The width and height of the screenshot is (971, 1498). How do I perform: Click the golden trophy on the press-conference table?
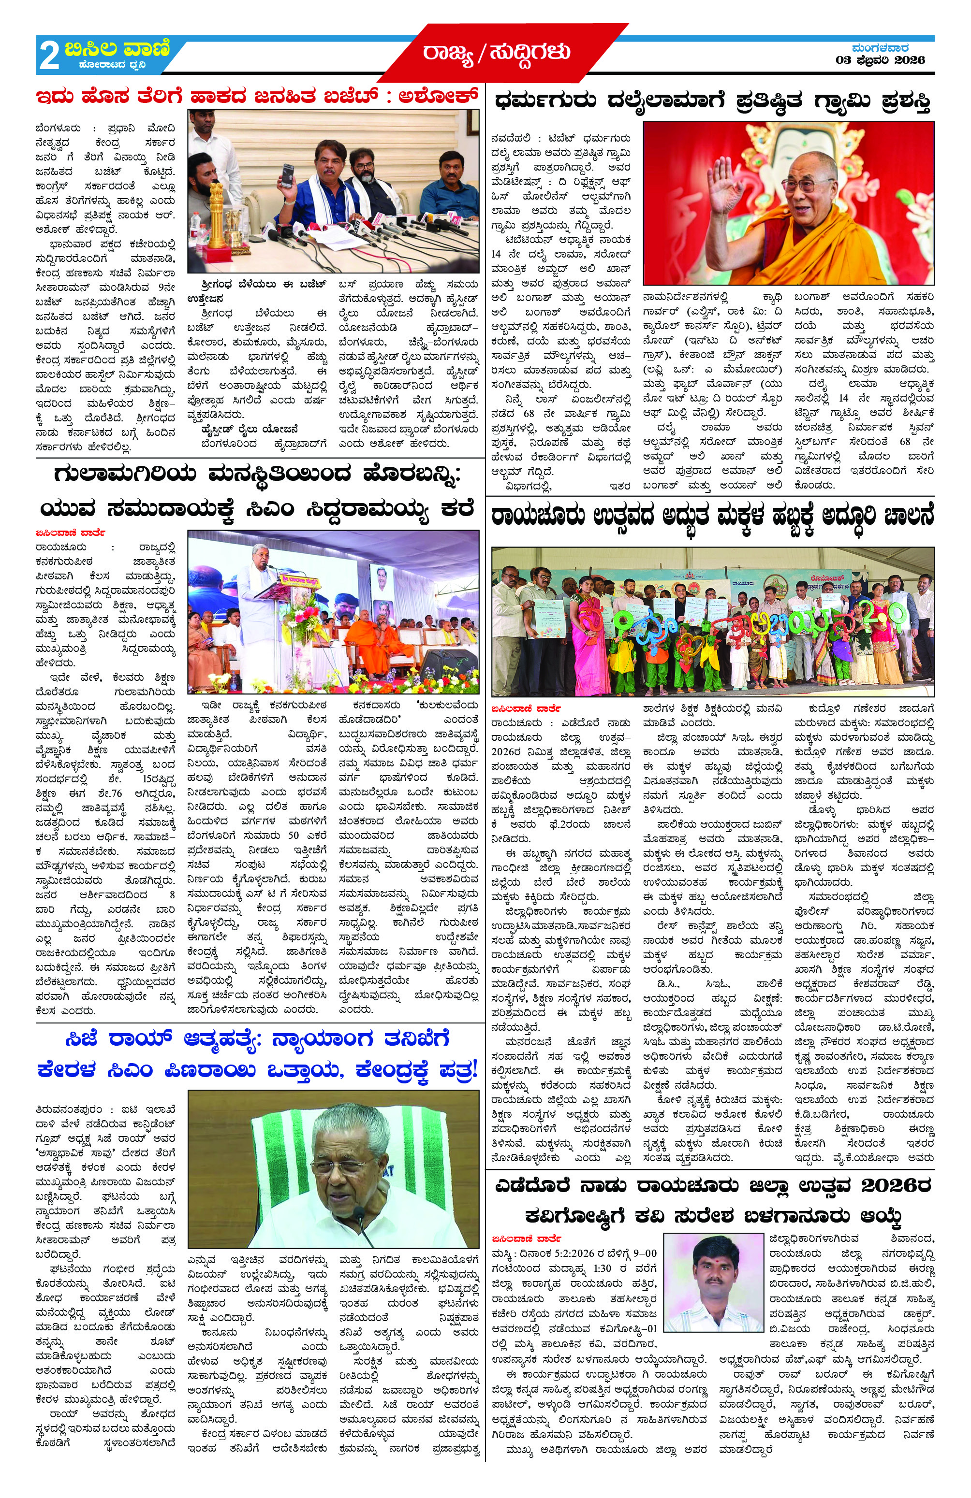click(217, 214)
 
